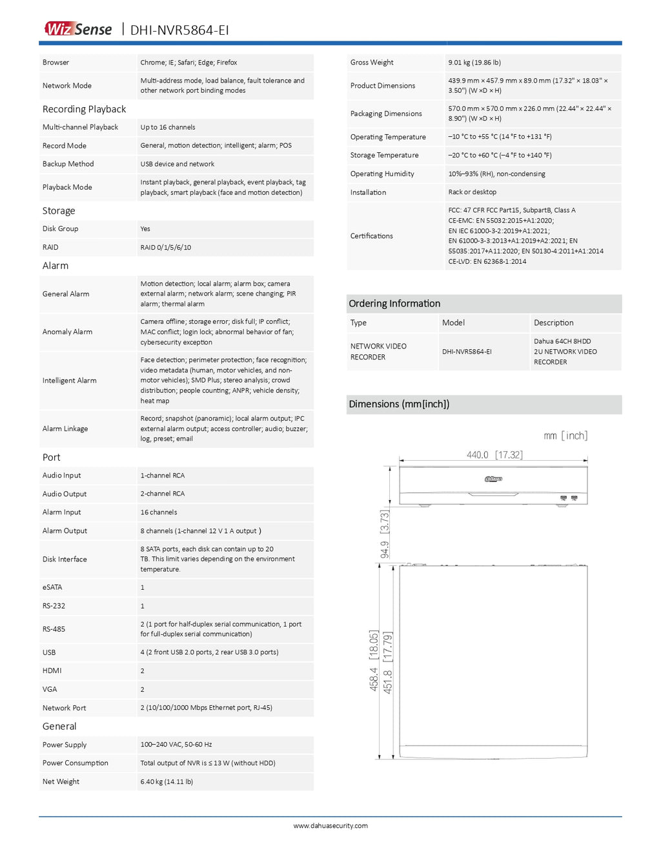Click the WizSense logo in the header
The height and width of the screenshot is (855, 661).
click(78, 29)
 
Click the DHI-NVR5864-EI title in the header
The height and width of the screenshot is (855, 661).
click(179, 30)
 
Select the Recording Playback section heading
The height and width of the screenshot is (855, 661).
click(84, 109)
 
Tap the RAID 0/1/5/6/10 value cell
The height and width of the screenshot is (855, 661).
click(166, 247)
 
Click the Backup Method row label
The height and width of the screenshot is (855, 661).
click(68, 164)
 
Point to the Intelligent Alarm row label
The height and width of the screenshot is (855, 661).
click(69, 381)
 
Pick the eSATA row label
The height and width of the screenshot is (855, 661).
click(52, 587)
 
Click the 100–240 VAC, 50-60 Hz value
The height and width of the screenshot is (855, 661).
click(176, 745)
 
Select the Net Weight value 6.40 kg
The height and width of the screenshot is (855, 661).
click(167, 781)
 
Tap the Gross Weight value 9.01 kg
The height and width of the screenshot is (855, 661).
click(474, 63)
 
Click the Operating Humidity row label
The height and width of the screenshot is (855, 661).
click(382, 174)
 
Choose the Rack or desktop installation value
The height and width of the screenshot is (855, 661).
click(472, 192)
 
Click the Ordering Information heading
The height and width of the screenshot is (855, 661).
click(394, 303)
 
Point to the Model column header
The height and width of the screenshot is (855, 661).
click(453, 323)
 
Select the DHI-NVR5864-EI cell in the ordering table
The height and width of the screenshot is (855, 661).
click(467, 352)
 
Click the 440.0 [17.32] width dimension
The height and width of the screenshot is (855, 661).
click(494, 455)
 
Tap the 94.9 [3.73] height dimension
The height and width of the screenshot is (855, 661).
click(385, 534)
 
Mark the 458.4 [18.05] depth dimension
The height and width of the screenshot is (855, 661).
click(374, 660)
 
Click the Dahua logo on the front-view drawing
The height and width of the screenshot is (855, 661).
click(493, 479)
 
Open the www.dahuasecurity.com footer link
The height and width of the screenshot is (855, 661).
click(330, 825)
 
